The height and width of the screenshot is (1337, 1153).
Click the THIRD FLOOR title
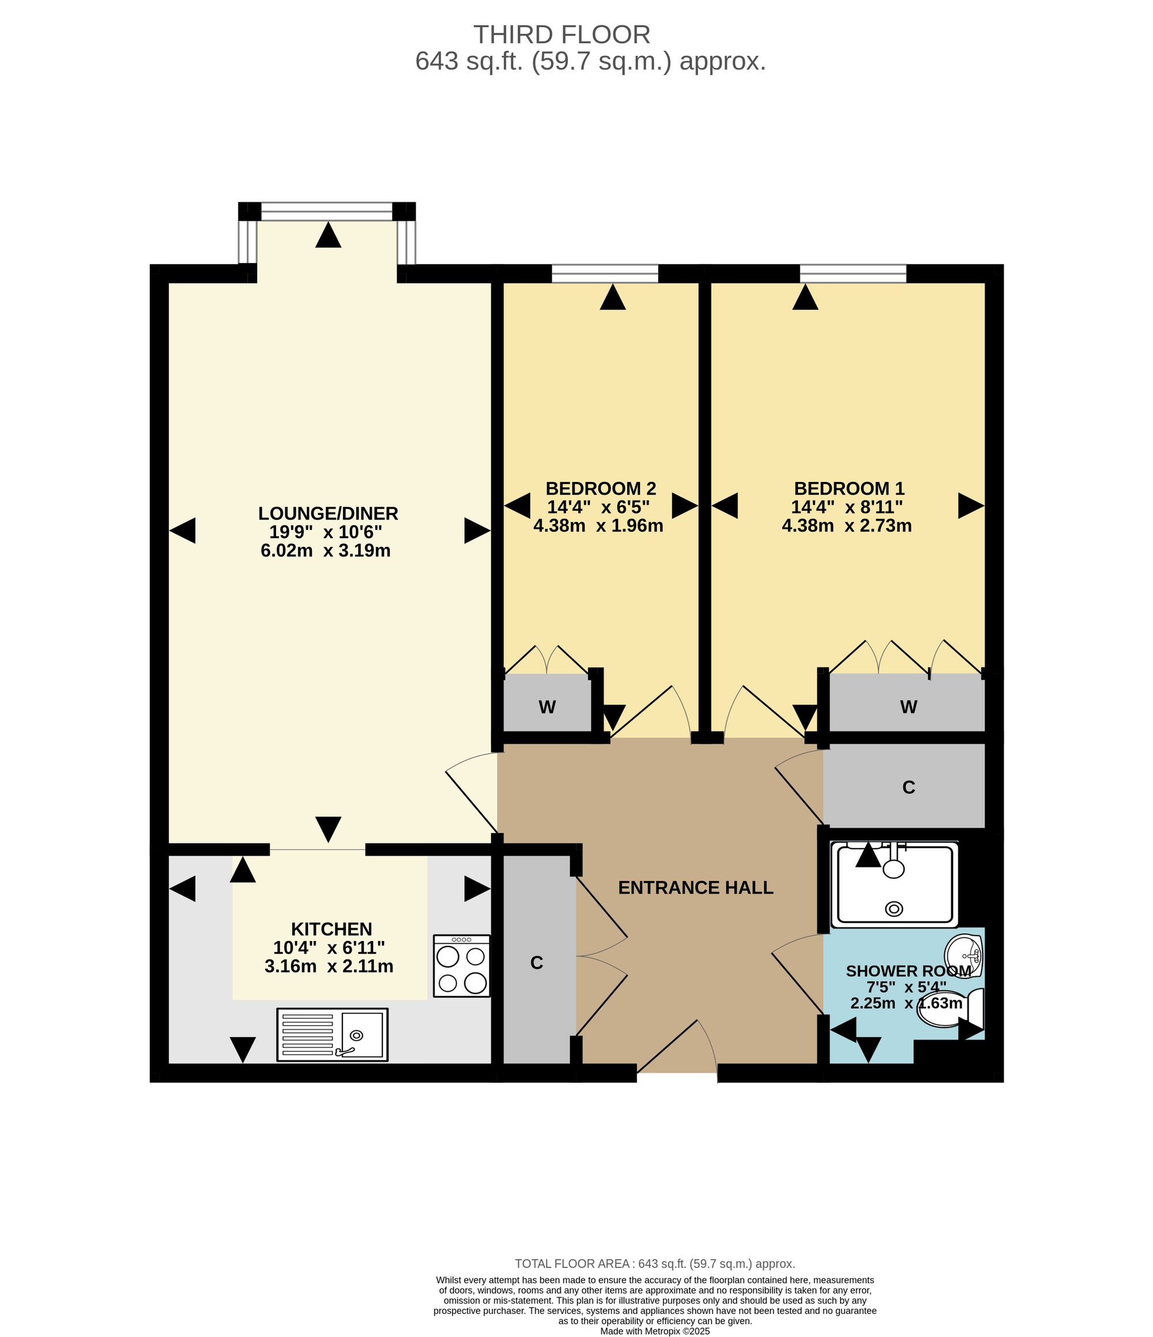pos(562,34)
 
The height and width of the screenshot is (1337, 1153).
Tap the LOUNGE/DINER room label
pos(329,514)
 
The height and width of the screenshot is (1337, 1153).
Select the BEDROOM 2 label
pos(601,488)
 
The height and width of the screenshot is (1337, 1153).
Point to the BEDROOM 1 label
pos(849,488)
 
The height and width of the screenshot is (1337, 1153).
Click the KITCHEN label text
pos(331,929)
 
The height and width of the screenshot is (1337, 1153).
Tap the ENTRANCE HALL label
pos(695,888)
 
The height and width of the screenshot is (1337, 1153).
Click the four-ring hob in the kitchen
pos(461,966)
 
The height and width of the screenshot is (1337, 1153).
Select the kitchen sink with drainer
pos(332,1034)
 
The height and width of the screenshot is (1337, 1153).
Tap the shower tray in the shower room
pos(894,883)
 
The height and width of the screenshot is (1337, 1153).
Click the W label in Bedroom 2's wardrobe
pos(547,707)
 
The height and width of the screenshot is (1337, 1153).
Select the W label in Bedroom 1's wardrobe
pos(909,707)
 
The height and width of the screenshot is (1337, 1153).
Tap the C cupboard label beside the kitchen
pos(537,963)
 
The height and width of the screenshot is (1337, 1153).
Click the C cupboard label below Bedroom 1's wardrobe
pos(909,787)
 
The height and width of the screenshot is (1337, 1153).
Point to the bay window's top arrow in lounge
pos(329,235)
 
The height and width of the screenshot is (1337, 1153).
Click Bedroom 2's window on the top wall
pos(605,274)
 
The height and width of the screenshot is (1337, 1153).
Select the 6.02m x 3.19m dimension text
pos(326,551)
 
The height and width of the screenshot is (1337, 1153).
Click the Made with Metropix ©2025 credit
pos(655,1331)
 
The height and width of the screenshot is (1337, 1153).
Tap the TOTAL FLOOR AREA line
pos(655,1263)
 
